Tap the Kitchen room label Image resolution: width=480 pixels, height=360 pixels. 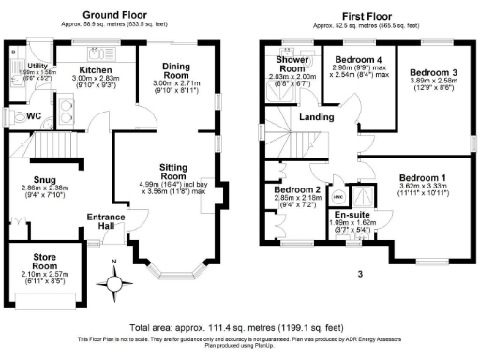[x=96, y=69]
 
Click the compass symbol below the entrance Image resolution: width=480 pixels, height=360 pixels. [x=114, y=282]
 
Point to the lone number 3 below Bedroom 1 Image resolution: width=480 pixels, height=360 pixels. [x=359, y=274]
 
